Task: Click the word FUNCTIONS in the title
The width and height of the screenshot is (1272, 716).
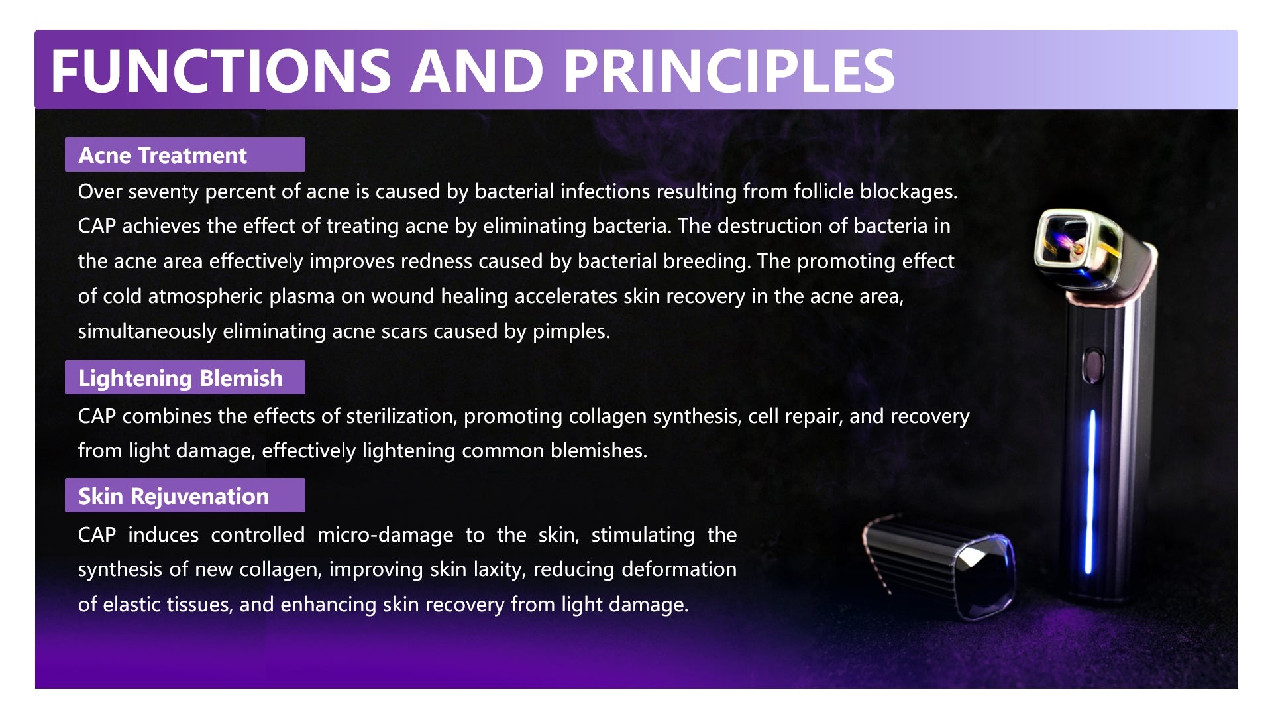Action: pos(221,71)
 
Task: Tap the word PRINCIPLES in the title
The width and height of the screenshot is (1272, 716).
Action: pos(729,71)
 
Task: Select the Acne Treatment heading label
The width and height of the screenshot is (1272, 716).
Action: pos(185,154)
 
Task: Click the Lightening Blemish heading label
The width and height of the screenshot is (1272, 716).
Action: pos(185,377)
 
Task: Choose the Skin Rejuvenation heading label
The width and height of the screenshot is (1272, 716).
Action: pos(185,495)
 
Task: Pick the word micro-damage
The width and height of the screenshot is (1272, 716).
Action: pos(385,535)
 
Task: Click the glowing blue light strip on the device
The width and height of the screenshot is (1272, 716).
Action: pos(1090,491)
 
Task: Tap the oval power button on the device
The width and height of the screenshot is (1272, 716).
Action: pos(1092,365)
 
